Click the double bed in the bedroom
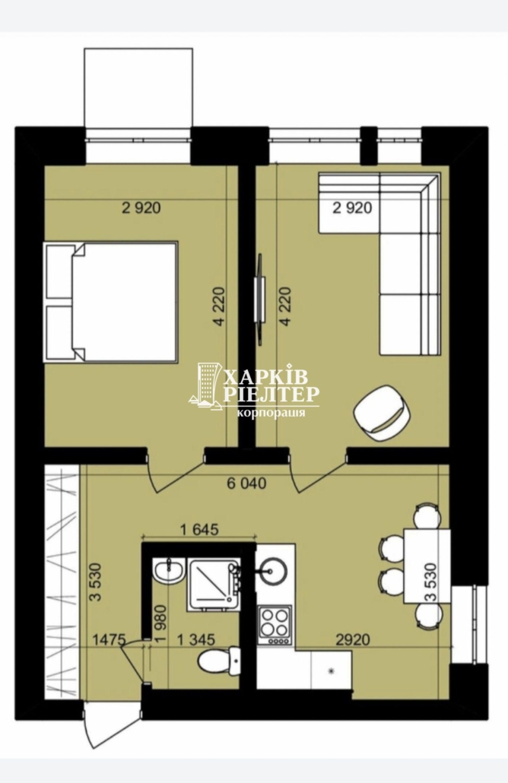pos(111,302)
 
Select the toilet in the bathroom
pos(219,661)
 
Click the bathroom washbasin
pos(169,571)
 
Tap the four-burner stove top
pos(275,625)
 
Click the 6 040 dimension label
pos(246,483)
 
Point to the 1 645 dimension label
pos(198,529)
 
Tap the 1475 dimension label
pos(110,639)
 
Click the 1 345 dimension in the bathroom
pos(196,639)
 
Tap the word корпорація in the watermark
pos(271,414)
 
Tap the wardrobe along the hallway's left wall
pos(62,582)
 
